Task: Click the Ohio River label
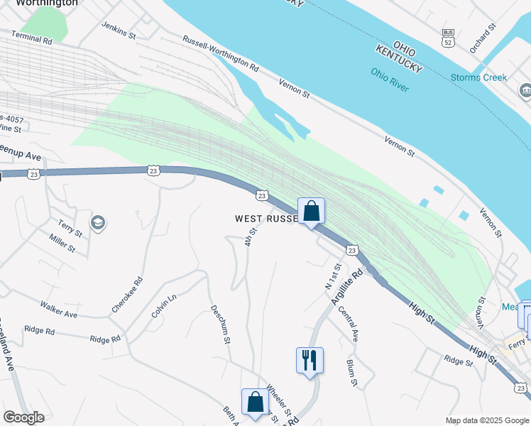pyautogui.click(x=389, y=78)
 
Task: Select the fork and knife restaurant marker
pyautogui.click(x=310, y=361)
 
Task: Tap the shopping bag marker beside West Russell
pyautogui.click(x=311, y=211)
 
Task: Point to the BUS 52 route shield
pyautogui.click(x=447, y=38)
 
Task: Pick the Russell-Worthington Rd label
pyautogui.click(x=221, y=53)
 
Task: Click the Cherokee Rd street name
pyautogui.click(x=127, y=295)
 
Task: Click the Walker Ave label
pyautogui.click(x=59, y=309)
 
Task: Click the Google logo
pyautogui.click(x=23, y=417)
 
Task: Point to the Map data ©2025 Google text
pyautogui.click(x=487, y=420)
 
